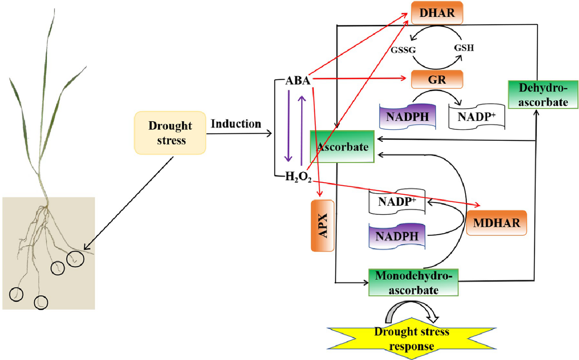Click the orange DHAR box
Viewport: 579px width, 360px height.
[437, 13]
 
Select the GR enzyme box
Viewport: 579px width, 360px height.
[437, 79]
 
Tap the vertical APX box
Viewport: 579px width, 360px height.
[322, 226]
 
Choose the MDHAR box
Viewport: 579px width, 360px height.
[496, 223]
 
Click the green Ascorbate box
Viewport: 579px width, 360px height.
[342, 147]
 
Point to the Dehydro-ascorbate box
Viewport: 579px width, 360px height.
[543, 95]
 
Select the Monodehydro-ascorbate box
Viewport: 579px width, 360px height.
[413, 282]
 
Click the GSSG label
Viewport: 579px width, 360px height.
[403, 50]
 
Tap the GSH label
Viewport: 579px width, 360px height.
[464, 48]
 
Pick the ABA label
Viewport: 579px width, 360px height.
[298, 81]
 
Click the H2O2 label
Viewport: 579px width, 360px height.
[298, 177]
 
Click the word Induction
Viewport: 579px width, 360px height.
[235, 124]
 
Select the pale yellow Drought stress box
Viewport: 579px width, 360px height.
[170, 133]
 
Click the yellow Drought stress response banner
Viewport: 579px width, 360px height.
[411, 338]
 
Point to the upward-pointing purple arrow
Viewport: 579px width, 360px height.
[301, 129]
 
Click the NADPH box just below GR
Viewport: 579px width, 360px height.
[408, 117]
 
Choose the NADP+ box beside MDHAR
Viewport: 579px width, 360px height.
[397, 201]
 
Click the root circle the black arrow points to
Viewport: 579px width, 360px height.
[75, 259]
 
